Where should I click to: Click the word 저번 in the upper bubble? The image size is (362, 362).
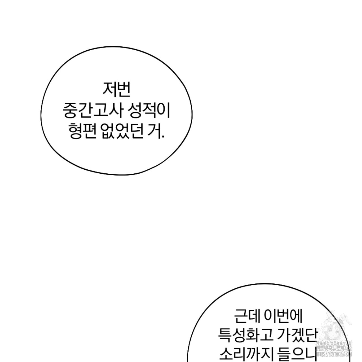[x=116, y=89]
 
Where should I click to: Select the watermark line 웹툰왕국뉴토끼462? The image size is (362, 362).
[x=334, y=349]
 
